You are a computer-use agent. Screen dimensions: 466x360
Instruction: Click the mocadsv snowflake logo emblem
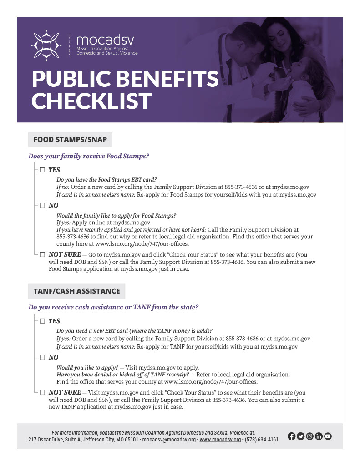(46, 45)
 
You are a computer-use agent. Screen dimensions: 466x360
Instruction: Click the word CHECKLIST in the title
(91, 101)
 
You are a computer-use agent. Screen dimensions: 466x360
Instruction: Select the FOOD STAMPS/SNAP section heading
(70, 140)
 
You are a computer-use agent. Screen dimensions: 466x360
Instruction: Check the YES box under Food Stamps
(42, 170)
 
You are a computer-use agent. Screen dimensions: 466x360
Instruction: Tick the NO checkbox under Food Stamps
(42, 205)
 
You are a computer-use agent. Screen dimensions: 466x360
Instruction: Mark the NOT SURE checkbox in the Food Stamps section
(42, 255)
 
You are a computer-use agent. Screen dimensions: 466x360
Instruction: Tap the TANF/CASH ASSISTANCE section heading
(76, 291)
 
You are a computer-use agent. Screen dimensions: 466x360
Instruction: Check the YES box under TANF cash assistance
(42, 321)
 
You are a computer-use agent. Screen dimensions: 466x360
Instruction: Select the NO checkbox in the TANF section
(42, 357)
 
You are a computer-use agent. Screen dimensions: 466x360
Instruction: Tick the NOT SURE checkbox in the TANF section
(42, 392)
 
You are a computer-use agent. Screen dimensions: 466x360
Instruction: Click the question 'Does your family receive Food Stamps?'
(89, 156)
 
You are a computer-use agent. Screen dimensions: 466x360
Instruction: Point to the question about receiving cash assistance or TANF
(113, 307)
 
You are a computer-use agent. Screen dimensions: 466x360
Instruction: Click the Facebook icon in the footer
(292, 436)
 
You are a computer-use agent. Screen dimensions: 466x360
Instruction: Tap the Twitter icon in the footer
(301, 436)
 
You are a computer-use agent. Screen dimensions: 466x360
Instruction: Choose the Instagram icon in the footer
(310, 436)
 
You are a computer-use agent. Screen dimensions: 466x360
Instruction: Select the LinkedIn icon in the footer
(319, 436)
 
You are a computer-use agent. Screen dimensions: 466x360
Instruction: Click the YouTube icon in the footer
(328, 436)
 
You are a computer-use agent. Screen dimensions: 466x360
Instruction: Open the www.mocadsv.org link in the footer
(220, 440)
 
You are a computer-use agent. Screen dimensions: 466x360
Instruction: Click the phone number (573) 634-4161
(261, 440)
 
